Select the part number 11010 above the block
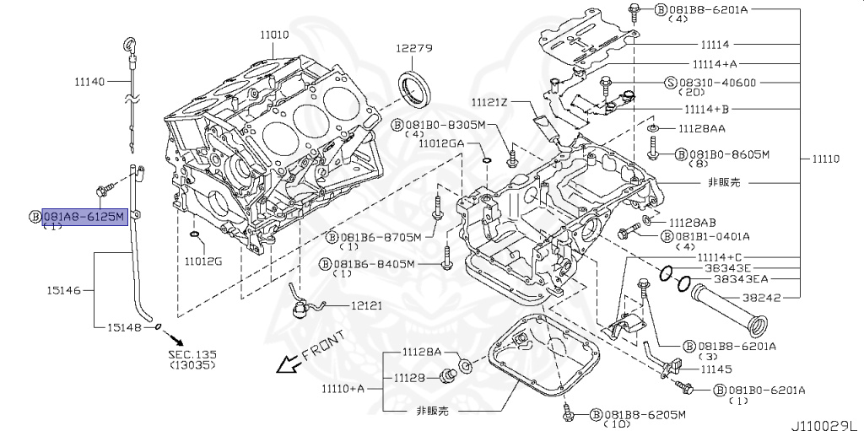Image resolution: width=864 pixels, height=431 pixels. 274,35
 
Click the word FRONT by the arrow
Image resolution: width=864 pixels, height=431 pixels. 323,347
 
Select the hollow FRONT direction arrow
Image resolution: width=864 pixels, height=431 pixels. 289,364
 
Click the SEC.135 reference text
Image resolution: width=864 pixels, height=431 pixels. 193,355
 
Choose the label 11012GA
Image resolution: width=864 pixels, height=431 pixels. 441,144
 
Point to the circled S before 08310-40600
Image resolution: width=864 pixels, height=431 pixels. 671,83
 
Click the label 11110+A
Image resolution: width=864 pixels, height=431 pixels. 343,388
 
